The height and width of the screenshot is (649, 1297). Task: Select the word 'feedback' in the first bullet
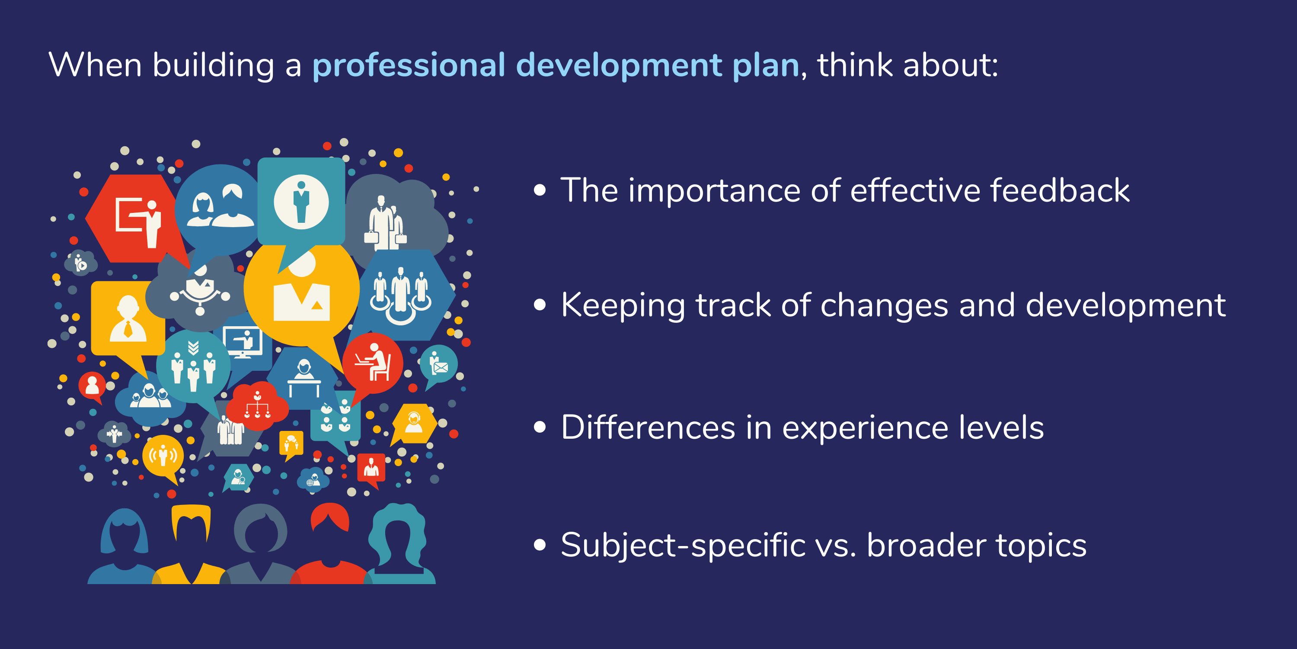click(x=1059, y=190)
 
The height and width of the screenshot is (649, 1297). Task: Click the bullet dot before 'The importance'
click(x=540, y=190)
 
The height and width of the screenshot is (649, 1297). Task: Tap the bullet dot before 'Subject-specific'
click(x=540, y=545)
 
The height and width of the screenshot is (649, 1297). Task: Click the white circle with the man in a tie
click(x=301, y=202)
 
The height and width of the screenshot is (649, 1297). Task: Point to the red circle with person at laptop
click(x=373, y=363)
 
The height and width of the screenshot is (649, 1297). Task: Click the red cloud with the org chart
click(x=257, y=406)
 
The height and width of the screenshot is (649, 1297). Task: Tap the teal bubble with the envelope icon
click(x=438, y=364)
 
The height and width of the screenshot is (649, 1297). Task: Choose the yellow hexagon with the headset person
click(x=414, y=423)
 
